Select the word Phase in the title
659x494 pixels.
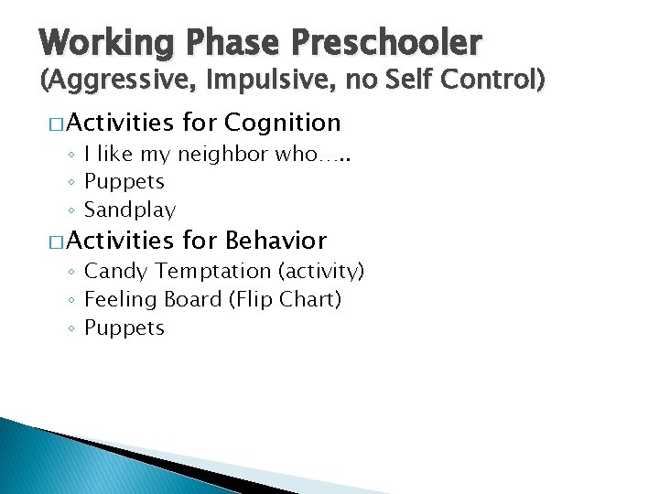click(232, 43)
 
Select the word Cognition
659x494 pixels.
click(282, 122)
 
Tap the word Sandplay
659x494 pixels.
click(129, 210)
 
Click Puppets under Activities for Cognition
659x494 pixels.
click(124, 182)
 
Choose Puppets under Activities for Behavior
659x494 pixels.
click(124, 328)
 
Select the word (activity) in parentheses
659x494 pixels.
click(321, 272)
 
